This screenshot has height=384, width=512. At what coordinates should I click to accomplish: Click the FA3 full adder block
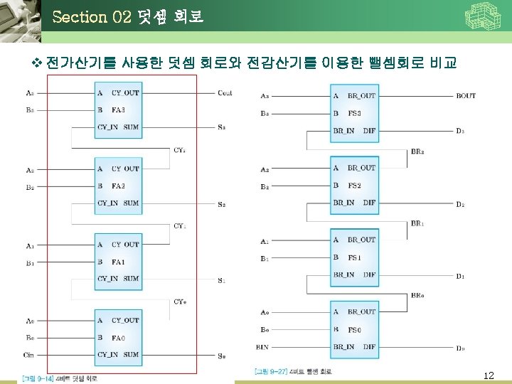pos(118,110)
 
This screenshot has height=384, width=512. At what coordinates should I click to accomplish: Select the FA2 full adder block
pos(118,186)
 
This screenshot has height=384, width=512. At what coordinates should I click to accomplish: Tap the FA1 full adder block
pos(118,262)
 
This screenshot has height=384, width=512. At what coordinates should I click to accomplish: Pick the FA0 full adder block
pos(118,337)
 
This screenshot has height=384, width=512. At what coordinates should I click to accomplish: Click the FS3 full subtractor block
pos(354,113)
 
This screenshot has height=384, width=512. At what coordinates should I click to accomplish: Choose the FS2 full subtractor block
pos(354,186)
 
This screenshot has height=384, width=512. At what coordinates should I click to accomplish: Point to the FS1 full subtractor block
pos(354,257)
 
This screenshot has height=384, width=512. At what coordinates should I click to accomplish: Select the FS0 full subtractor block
pos(354,329)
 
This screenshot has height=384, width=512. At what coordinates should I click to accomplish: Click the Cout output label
pos(225,93)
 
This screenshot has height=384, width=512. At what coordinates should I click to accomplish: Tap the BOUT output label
pos(466,96)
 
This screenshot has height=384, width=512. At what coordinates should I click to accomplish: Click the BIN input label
pos(262,347)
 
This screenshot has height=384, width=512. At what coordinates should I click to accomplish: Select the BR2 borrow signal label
pos(417,151)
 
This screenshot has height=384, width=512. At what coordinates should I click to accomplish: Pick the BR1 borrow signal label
pos(417,223)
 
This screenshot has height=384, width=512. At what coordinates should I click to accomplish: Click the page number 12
pos(488,375)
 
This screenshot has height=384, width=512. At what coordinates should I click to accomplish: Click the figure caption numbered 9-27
pos(292,371)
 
